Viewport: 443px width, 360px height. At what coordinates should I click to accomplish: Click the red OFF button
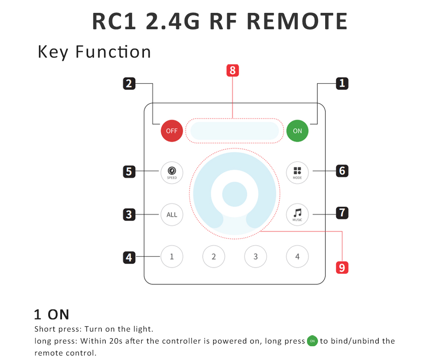(172, 131)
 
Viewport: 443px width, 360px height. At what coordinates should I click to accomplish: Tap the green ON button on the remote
(297, 131)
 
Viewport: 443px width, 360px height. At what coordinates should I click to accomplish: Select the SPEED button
(172, 172)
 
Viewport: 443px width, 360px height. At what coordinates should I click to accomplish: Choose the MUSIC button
(297, 215)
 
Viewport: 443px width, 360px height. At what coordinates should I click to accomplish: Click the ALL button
(172, 215)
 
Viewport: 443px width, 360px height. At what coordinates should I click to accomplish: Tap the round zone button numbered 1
(172, 256)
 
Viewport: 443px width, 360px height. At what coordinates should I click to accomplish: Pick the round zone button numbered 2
(214, 256)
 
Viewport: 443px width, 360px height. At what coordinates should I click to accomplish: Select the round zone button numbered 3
(256, 256)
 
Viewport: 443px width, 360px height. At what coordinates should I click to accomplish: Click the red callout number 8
(232, 70)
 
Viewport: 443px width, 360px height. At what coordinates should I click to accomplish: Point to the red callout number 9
(342, 267)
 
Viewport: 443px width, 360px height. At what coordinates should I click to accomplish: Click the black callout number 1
(342, 83)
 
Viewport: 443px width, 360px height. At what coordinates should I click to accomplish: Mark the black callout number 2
(129, 83)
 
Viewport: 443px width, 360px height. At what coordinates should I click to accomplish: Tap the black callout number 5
(129, 171)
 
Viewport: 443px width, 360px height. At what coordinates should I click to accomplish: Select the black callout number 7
(342, 213)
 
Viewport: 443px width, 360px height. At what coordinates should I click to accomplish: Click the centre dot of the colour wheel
(234, 194)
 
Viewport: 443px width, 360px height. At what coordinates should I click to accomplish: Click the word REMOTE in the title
(297, 21)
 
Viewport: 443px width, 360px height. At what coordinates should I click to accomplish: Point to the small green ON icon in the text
(312, 341)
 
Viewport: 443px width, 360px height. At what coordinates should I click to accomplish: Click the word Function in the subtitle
(113, 52)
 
